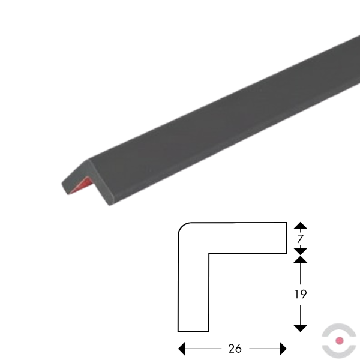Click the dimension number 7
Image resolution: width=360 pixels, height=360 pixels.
coord(300,239)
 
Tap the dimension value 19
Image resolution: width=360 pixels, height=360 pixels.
coord(301,294)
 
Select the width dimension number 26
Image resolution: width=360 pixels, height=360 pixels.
coord(235,349)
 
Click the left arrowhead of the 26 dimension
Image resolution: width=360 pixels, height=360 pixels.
coord(182,349)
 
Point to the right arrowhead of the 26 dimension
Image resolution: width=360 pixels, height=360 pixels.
coord(283,349)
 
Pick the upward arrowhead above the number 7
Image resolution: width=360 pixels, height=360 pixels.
coord(301,226)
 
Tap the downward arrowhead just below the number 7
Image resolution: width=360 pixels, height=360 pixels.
coord(301,251)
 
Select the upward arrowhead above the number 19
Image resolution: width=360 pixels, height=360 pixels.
coord(301,259)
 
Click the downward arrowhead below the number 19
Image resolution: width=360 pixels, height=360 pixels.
coord(301,328)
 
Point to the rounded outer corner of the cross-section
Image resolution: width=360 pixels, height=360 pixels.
coord(182,226)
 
